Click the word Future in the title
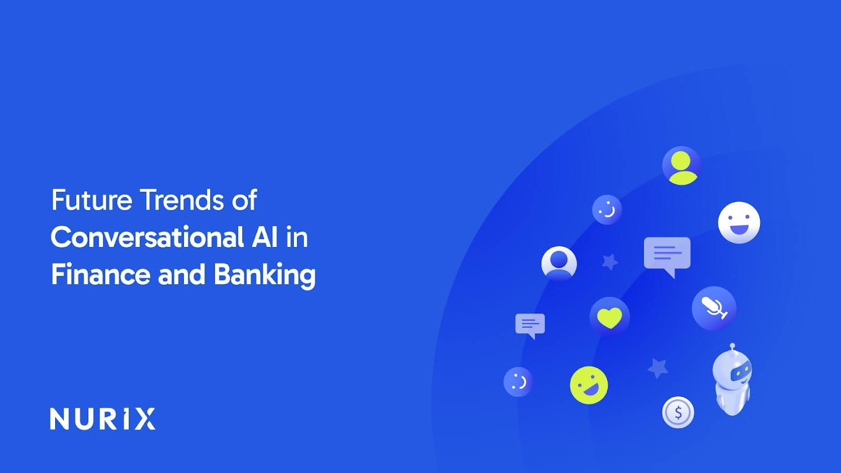tap(91, 200)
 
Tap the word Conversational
tap(147, 238)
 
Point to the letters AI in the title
tap(264, 238)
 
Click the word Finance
tap(100, 275)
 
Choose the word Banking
tap(264, 275)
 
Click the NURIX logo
tap(102, 419)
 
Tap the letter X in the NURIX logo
tap(145, 419)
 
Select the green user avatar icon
tap(681, 166)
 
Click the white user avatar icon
tap(559, 262)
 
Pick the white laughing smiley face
tap(739, 222)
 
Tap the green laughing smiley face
tap(589, 385)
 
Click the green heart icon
tap(610, 317)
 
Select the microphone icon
tap(714, 308)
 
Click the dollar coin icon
tap(678, 413)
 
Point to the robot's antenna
tap(732, 347)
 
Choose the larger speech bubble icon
tap(667, 254)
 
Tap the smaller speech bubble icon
tap(530, 325)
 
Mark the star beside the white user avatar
tap(610, 261)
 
